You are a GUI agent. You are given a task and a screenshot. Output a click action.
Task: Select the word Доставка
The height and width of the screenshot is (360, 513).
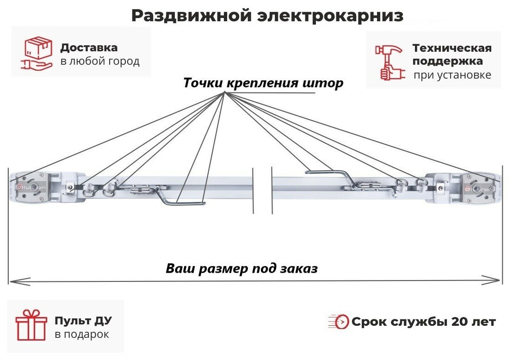pyautogui.click(x=89, y=48)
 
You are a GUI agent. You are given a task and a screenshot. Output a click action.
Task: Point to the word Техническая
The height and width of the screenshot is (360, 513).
pyautogui.click(x=451, y=48)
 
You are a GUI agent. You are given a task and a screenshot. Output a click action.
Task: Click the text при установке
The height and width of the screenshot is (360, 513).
pyautogui.click(x=452, y=75)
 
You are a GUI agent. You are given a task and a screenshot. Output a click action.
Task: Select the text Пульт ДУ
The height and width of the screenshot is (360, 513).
pyautogui.click(x=83, y=321)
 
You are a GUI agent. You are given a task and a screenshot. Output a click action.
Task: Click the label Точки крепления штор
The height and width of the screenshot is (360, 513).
pyautogui.click(x=263, y=83)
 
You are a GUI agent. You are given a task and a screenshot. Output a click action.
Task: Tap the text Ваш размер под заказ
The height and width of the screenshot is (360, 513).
pyautogui.click(x=241, y=268)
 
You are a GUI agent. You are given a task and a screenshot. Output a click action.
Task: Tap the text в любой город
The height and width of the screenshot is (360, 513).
pyautogui.click(x=99, y=61)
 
